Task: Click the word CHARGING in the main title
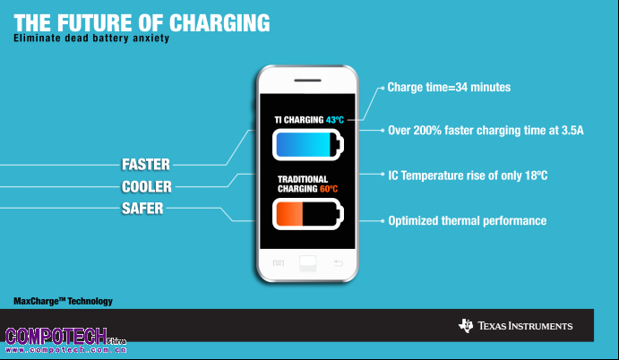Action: [219, 23]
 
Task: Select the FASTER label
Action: [146, 165]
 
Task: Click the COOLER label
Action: [146, 186]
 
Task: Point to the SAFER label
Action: [142, 209]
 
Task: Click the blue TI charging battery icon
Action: [308, 145]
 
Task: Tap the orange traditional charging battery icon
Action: [308, 214]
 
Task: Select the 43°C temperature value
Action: [335, 120]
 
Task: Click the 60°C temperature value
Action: [329, 189]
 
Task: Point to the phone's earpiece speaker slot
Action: [307, 81]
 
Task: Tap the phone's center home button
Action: [308, 263]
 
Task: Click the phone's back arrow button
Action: [339, 263]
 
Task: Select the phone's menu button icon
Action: [279, 263]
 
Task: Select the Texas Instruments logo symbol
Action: [466, 326]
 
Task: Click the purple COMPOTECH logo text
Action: [56, 336]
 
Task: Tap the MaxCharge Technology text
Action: [64, 301]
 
